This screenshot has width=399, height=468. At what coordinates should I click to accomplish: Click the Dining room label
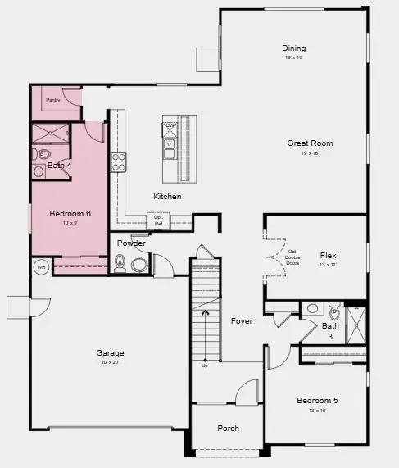click(x=293, y=48)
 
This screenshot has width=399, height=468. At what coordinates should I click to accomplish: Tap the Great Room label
click(x=310, y=143)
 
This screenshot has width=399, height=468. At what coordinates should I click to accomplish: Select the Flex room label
click(x=328, y=256)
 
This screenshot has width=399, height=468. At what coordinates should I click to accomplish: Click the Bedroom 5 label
click(x=316, y=400)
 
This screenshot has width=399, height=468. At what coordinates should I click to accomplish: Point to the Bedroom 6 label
click(x=70, y=214)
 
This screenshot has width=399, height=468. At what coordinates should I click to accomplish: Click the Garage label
click(x=110, y=353)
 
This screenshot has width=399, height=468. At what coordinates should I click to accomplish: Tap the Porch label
click(x=229, y=429)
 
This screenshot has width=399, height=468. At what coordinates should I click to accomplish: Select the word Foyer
click(x=241, y=321)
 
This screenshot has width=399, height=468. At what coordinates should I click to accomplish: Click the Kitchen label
click(x=167, y=197)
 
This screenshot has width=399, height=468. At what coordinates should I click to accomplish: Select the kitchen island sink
click(x=170, y=148)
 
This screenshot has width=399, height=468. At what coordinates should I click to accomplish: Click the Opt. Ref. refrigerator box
click(x=157, y=220)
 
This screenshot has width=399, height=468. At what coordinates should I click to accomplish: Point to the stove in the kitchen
click(x=119, y=161)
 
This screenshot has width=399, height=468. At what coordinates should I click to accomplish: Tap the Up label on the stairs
click(x=204, y=366)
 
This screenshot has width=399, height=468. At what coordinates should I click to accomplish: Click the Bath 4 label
click(x=59, y=166)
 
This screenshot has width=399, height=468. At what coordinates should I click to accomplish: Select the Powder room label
click(x=131, y=243)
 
